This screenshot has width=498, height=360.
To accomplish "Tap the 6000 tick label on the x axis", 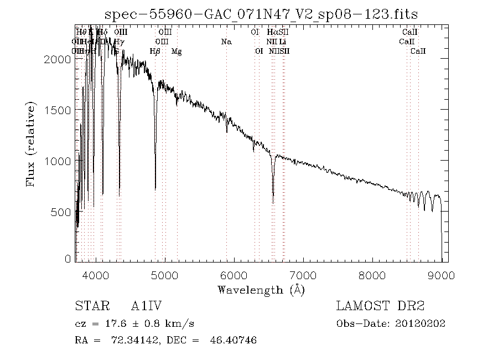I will click(x=234, y=275).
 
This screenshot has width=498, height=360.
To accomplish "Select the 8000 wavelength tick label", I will click(x=372, y=275).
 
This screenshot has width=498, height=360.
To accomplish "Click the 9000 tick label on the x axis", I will click(x=441, y=275).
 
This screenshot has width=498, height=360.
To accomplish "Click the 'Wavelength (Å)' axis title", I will click(x=261, y=290).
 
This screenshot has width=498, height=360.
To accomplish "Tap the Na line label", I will click(x=226, y=42).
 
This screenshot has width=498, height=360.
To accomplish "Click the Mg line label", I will click(x=176, y=52).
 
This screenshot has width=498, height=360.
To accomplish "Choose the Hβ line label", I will click(x=155, y=52).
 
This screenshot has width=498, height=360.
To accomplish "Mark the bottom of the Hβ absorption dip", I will click(x=155, y=189).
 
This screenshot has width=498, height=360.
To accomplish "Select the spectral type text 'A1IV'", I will click(x=146, y=306).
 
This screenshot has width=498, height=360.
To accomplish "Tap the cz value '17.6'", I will click(x=111, y=324).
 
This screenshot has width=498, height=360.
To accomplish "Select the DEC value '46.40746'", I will click(x=235, y=340).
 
